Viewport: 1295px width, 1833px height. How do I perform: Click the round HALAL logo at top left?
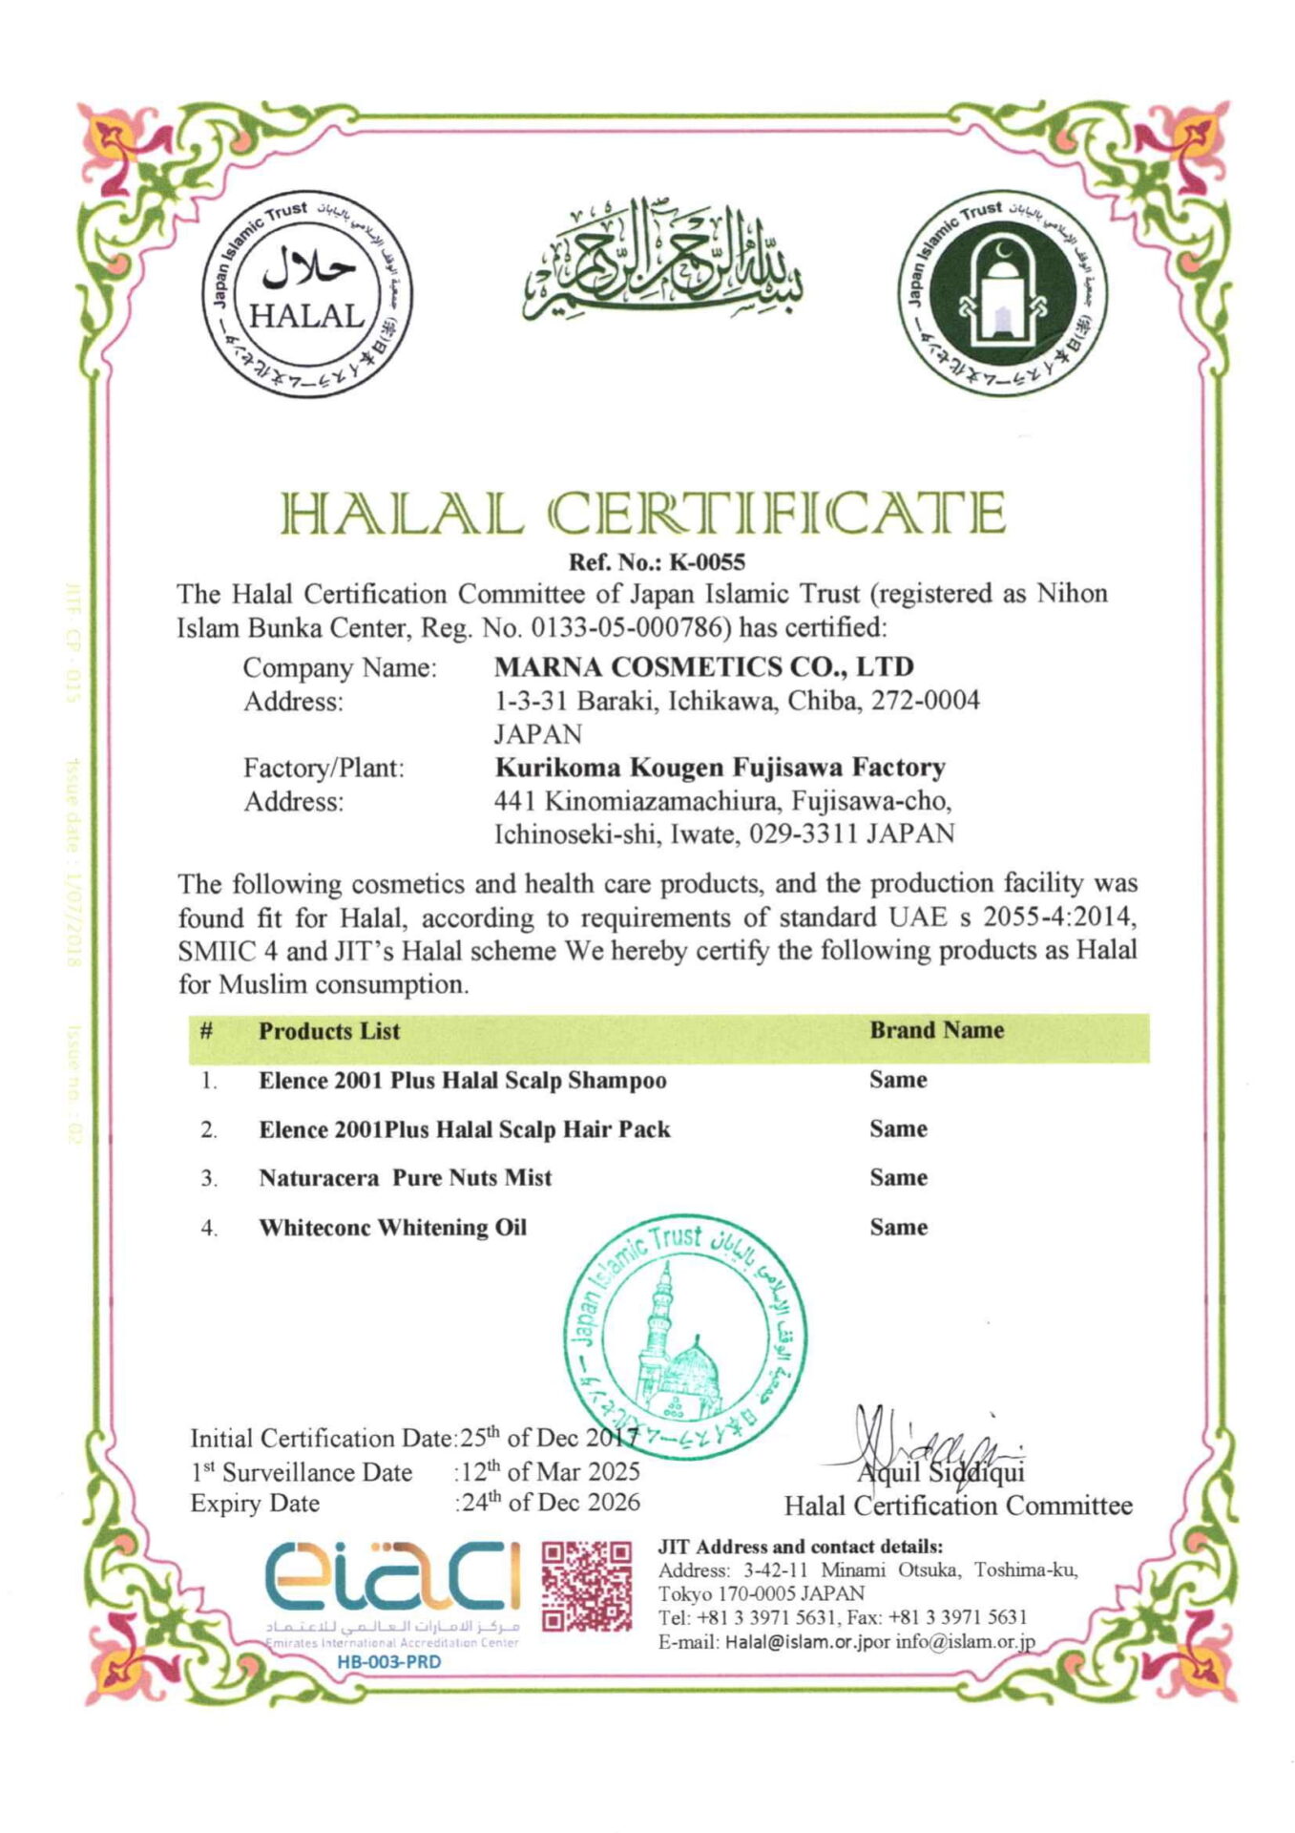307,293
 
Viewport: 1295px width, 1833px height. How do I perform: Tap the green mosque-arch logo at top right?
1004,293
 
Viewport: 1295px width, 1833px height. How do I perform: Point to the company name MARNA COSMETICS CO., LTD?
704,666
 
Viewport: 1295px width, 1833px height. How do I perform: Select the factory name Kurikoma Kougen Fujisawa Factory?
720,768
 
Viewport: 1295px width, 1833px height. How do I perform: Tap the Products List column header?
328,1031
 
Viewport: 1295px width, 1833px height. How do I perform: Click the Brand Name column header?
936,1030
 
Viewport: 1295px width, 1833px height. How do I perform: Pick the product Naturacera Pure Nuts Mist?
405,1178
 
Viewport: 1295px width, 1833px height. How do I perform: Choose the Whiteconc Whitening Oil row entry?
392,1228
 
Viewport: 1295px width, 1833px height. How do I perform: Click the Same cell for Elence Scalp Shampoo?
898,1080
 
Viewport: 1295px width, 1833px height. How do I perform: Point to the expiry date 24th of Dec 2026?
551,1503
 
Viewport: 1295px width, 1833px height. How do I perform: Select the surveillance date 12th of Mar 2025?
551,1471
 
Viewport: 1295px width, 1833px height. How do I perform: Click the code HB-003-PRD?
388,1662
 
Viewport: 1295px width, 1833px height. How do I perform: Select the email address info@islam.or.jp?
964,1643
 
